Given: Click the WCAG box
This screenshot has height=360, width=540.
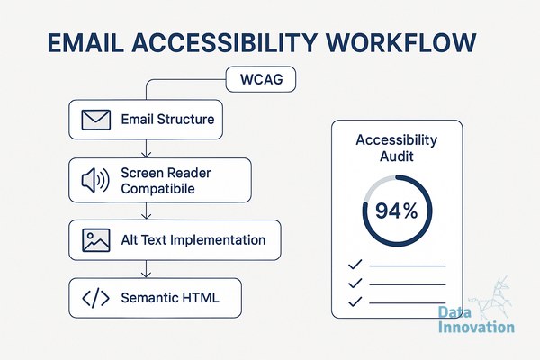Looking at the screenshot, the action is tap(261, 79).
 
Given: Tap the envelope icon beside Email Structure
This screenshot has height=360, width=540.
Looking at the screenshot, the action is tap(96, 120).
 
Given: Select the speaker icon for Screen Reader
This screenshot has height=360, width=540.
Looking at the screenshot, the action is tap(95, 180).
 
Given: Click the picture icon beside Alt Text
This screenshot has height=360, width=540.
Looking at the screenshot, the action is tap(96, 240).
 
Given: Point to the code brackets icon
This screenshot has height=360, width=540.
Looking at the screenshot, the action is tap(95, 298).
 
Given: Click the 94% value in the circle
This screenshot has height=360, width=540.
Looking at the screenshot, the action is tap(396, 211).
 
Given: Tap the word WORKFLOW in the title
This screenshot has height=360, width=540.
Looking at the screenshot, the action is tap(400, 42).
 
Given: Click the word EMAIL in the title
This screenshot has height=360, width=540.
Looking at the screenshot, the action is tap(85, 42).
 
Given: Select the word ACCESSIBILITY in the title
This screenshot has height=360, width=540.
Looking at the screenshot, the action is tap(224, 42).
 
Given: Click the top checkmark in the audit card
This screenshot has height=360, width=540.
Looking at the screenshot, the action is tap(355, 265).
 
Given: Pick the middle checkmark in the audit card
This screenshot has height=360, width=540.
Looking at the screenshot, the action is tap(355, 283).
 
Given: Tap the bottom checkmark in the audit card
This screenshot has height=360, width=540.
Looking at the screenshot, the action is tap(355, 301).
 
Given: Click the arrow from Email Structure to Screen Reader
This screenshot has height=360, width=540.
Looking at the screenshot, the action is tap(147, 148).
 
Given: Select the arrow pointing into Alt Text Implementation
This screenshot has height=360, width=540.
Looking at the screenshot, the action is tap(147, 211).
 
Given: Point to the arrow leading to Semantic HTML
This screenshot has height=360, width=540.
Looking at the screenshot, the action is tap(147, 269).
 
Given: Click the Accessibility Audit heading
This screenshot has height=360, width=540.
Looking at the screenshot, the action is tap(396, 148).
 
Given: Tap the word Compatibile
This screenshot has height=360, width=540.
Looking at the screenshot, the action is tap(157, 189).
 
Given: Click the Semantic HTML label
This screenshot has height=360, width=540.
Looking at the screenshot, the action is tap(170, 298).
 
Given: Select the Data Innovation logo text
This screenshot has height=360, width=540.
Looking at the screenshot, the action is tap(476, 319).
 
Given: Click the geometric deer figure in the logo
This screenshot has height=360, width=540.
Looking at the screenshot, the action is tap(492, 296).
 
